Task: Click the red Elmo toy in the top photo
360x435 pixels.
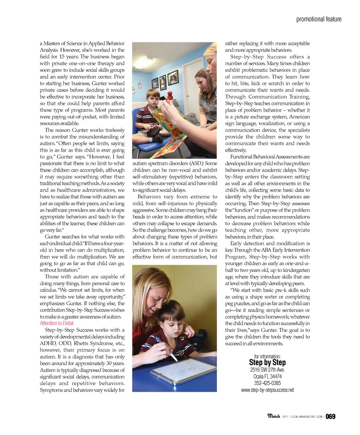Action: click(169, 96)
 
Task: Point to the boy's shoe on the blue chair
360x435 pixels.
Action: click(153, 131)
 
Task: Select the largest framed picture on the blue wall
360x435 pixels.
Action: click(173, 77)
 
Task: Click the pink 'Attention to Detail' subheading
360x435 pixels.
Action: click(57, 323)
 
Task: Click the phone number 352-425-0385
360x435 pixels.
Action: click(267, 383)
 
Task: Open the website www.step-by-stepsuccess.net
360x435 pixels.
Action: click(267, 390)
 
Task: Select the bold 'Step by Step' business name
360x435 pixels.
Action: click(267, 362)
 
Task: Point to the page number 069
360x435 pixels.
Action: click(330, 416)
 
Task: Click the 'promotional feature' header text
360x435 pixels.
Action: click(319, 19)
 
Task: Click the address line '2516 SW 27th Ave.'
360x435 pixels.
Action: click(267, 370)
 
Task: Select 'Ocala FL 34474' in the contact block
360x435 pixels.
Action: click(267, 376)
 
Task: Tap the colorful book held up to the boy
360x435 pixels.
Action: click(169, 127)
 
